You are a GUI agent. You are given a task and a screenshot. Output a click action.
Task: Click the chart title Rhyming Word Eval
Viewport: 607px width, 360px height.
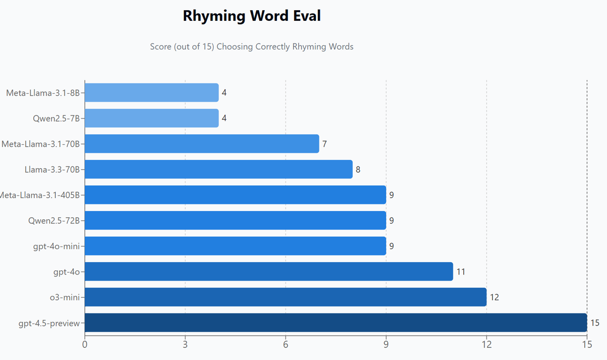(252, 16)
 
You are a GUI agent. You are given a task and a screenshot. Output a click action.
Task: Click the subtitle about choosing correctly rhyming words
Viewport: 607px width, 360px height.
(252, 47)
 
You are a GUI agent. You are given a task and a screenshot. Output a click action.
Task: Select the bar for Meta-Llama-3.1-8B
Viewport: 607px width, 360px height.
(151, 93)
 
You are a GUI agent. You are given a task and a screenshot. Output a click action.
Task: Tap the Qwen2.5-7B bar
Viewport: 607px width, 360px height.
(151, 118)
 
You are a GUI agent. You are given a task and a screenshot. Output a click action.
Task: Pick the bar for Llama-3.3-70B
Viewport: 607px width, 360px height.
(218, 169)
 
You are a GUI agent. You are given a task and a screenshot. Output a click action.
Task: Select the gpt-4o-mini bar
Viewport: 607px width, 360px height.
(235, 246)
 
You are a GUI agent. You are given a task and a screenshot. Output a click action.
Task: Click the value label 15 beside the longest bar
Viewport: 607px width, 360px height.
(595, 323)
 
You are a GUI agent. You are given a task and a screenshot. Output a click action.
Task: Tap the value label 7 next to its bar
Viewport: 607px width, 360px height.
(325, 144)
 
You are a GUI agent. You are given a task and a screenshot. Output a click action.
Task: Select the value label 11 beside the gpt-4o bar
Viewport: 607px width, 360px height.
(461, 272)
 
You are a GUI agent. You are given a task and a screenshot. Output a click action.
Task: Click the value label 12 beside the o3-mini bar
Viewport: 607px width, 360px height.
(494, 297)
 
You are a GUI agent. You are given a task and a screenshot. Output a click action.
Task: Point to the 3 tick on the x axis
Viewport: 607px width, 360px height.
(185, 345)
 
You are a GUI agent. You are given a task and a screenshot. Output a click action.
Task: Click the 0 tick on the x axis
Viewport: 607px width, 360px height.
(85, 345)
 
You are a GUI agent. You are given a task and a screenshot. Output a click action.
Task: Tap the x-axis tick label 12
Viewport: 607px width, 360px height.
(487, 345)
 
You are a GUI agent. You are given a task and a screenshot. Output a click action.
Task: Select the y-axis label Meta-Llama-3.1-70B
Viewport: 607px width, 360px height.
(41, 144)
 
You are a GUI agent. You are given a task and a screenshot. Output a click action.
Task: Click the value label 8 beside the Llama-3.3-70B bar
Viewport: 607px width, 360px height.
(358, 169)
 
